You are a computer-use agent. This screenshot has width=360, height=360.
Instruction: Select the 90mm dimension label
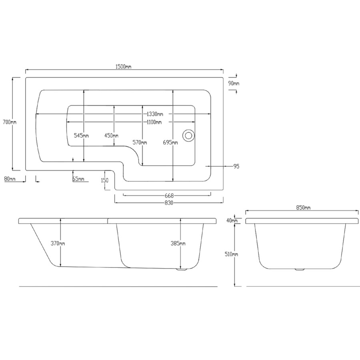coord(234,83)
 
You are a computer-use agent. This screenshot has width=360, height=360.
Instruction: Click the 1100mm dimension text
coord(154,122)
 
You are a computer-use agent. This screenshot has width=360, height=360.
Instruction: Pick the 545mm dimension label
coord(81,136)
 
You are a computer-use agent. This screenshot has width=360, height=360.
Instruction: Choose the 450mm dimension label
coord(111,136)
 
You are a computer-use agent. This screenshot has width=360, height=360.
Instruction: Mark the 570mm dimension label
coord(140,142)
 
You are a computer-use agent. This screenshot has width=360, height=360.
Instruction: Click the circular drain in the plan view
coord(188,135)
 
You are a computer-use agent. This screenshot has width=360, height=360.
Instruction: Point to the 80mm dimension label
coord(10,179)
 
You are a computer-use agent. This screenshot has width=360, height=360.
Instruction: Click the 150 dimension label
coord(104,180)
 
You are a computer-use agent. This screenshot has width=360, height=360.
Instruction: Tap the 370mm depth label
coord(58,243)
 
